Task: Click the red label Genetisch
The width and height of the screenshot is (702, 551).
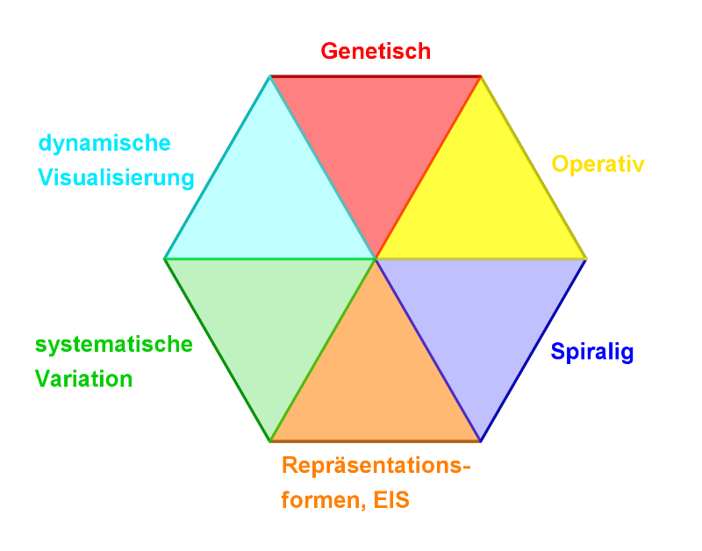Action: pyautogui.click(x=376, y=51)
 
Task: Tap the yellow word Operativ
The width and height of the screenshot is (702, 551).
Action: pyautogui.click(x=598, y=164)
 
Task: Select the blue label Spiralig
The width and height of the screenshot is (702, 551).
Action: pyautogui.click(x=591, y=353)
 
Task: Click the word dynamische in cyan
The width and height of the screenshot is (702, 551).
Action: pyautogui.click(x=104, y=143)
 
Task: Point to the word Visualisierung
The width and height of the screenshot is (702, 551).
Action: pyautogui.click(x=115, y=178)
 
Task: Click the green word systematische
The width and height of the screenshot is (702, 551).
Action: pyautogui.click(x=113, y=344)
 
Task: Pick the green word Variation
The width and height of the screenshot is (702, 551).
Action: pyautogui.click(x=83, y=379)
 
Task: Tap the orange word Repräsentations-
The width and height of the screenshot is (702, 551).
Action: pyautogui.click(x=376, y=466)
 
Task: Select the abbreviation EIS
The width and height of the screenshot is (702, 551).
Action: pyautogui.click(x=390, y=501)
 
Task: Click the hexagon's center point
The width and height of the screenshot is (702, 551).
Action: pyautogui.click(x=376, y=259)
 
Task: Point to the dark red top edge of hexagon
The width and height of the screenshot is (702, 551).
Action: pyautogui.click(x=376, y=76)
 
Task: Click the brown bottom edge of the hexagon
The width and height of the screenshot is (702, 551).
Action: pyautogui.click(x=376, y=440)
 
